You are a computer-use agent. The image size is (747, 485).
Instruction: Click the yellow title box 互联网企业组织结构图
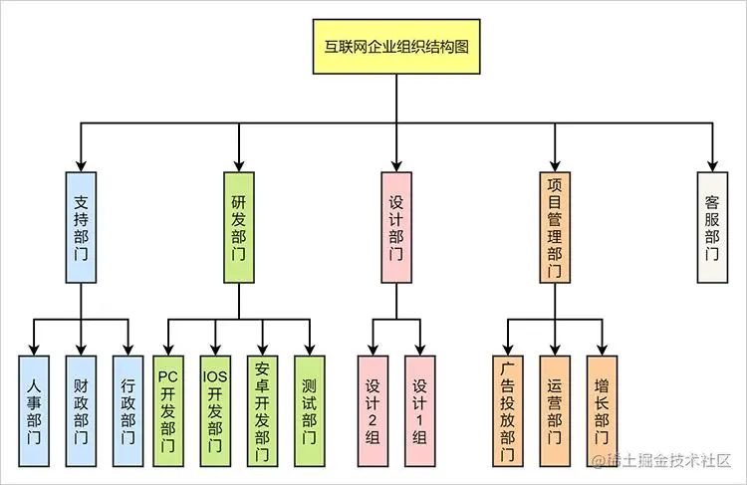(x=396, y=47)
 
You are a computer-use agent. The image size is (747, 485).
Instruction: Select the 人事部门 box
(x=34, y=409)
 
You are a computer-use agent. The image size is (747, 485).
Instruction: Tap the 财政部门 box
(x=81, y=409)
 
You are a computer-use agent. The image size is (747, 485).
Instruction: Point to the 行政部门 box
(x=127, y=409)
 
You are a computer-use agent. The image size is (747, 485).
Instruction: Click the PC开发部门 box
(x=167, y=409)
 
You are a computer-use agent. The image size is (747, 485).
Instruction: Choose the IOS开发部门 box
(x=214, y=409)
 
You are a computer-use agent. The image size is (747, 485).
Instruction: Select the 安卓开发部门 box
(x=262, y=409)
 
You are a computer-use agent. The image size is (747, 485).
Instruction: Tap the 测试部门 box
(x=309, y=409)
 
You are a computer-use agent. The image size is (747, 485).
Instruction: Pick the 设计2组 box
(x=373, y=409)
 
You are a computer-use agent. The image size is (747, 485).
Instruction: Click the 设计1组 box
(x=419, y=409)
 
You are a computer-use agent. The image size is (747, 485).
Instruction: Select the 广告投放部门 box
(x=507, y=409)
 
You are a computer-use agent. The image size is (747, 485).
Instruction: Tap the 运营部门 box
(x=554, y=409)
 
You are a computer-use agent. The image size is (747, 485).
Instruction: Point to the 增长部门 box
(x=601, y=409)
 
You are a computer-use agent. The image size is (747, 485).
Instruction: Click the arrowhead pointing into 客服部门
(x=711, y=164)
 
